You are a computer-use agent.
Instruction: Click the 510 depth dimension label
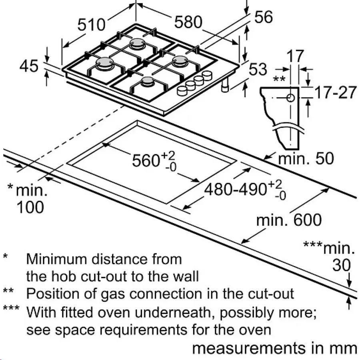91,25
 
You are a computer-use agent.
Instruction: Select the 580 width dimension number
188,22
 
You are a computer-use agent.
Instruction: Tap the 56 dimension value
264,17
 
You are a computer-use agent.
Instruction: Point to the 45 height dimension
29,66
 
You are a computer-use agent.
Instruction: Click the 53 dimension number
258,69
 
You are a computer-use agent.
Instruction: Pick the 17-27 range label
335,92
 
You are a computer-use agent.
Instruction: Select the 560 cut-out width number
146,160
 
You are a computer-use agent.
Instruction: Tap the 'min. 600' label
289,220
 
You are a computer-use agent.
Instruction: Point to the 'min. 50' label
306,158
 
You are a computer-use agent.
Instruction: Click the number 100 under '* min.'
30,207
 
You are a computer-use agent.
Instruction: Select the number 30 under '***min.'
342,265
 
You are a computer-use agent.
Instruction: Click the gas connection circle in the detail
290,98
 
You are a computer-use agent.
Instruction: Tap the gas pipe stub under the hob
225,85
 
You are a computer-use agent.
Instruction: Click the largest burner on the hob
105,63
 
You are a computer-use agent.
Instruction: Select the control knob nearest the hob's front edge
183,91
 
